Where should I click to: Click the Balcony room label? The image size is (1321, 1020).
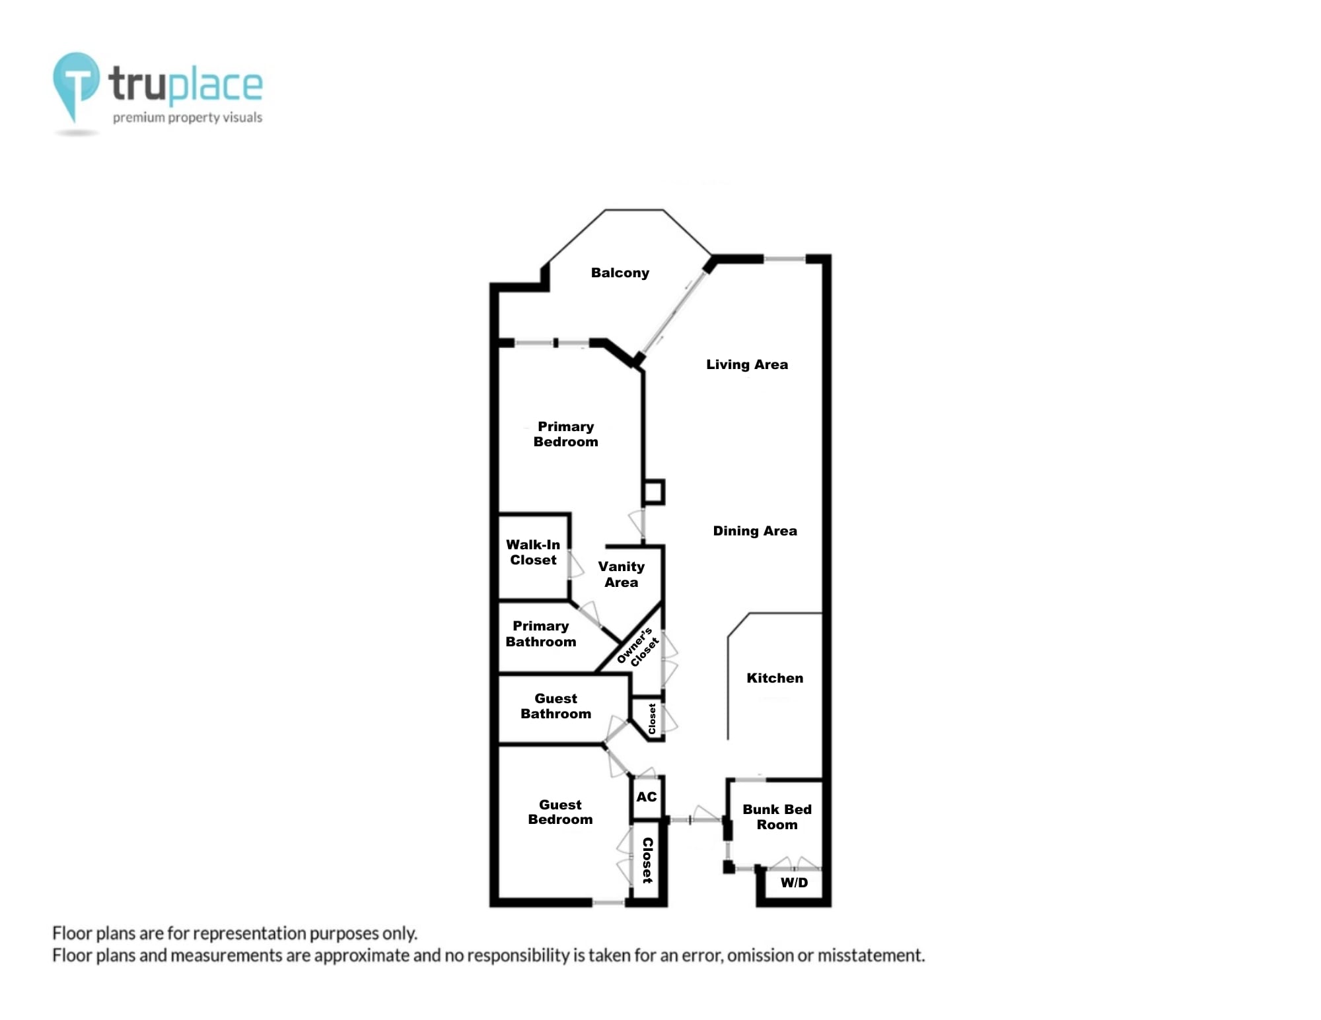pos(620,273)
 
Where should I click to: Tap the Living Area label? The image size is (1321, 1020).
pos(746,364)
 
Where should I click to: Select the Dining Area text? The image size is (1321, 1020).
pos(754,531)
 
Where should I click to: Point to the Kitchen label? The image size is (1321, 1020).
pos(774,678)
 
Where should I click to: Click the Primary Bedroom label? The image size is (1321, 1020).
pos(565,434)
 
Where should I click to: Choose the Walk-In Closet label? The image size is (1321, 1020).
pos(533,553)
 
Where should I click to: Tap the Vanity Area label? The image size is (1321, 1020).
pos(621,574)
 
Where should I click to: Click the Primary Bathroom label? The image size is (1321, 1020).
pos(540,634)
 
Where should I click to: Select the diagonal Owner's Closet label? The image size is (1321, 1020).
pos(637,648)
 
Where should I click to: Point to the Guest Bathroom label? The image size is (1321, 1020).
pos(555,706)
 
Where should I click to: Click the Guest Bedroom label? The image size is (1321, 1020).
pos(560,812)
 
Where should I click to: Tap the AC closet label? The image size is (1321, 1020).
pos(647,797)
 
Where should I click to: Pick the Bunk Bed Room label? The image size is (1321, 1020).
pos(777,817)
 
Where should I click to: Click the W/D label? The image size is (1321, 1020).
pos(794,883)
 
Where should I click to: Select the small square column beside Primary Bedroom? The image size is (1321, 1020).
pos(653,492)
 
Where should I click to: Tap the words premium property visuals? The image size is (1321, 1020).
pos(188,118)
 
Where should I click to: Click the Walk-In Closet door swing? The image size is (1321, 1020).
pos(576,564)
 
